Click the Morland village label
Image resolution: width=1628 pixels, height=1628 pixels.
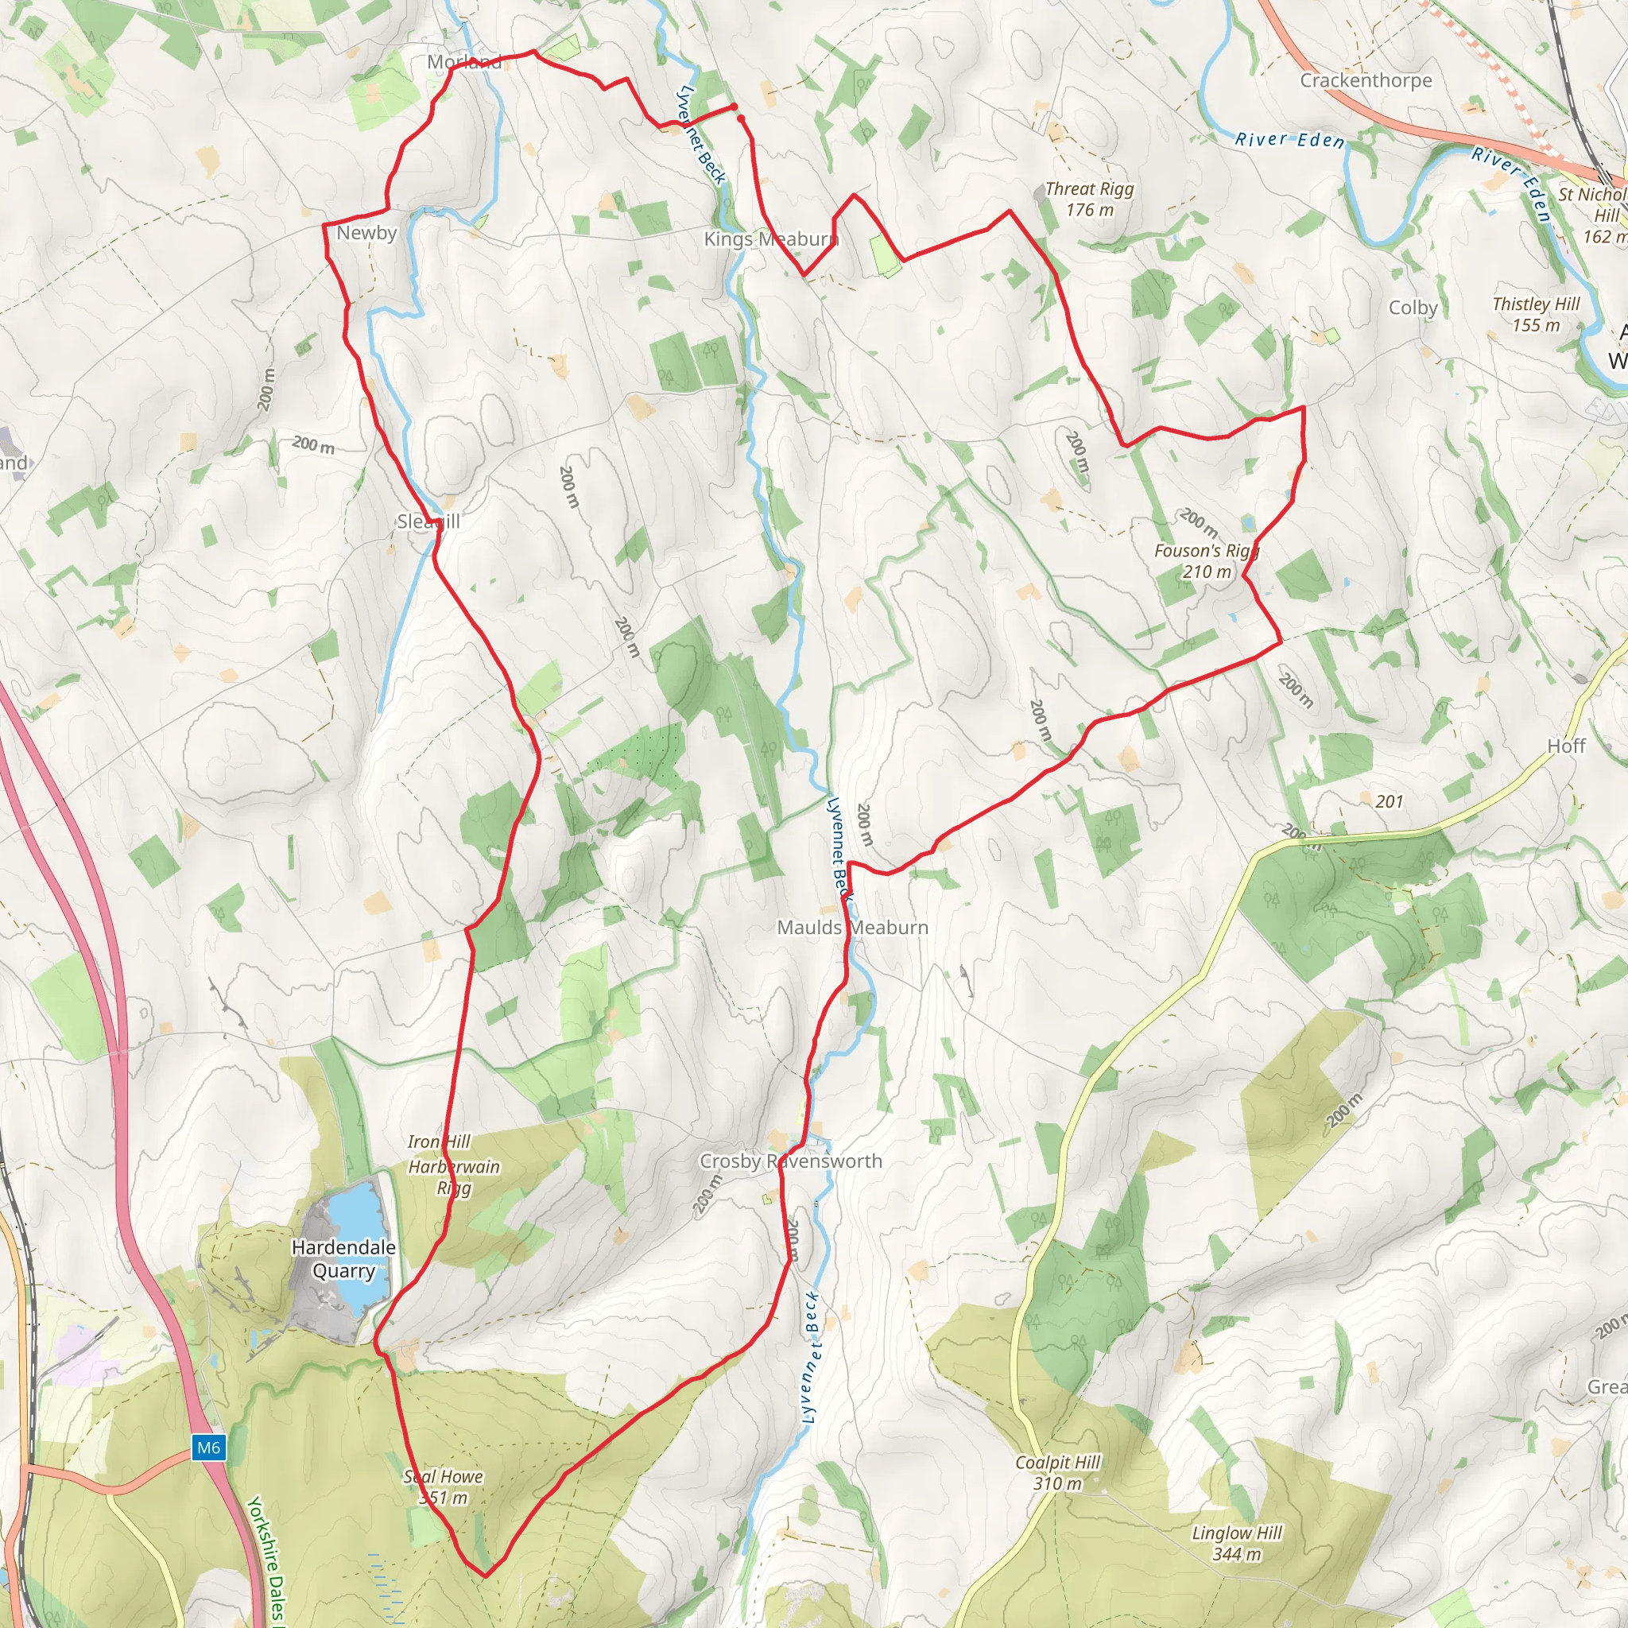click(464, 61)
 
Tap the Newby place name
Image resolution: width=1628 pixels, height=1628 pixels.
click(366, 233)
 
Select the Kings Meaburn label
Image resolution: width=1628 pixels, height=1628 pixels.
click(771, 238)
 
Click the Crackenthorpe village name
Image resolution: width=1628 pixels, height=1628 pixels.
click(1365, 80)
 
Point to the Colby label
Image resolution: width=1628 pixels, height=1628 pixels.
click(1413, 308)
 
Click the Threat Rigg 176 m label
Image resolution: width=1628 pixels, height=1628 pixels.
click(1089, 199)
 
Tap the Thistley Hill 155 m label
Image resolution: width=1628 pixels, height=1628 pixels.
click(1535, 314)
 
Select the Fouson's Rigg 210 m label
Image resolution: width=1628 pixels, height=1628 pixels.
click(1207, 561)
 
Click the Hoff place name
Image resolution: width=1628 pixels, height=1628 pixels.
click(1566, 746)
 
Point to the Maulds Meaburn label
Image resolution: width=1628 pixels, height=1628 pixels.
click(852, 927)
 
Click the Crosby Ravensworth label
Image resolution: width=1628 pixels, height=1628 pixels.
click(790, 1161)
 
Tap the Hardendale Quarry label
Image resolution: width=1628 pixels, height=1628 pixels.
click(343, 1259)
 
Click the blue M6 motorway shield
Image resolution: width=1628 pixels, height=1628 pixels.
click(208, 1448)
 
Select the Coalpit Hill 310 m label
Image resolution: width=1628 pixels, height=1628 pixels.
click(1057, 1473)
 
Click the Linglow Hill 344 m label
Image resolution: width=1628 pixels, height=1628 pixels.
click(1236, 1544)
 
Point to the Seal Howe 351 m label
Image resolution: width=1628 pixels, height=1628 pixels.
click(444, 1487)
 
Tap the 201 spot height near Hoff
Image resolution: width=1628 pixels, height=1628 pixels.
click(1389, 801)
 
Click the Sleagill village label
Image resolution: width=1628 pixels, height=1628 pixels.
click(428, 521)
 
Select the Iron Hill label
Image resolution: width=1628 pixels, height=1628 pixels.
click(439, 1141)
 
